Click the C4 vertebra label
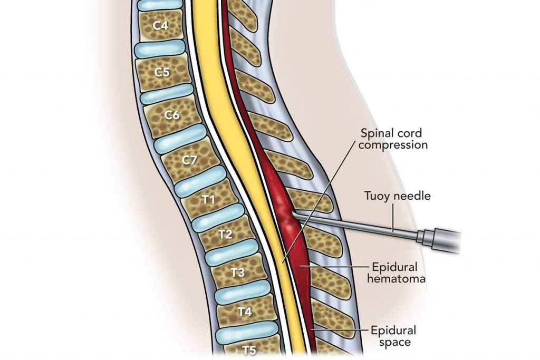tap(160, 25)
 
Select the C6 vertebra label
tap(172, 115)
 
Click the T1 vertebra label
tap(209, 200)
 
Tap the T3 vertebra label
tap(238, 273)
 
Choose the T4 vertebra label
tap(245, 312)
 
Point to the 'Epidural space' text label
tap(393, 336)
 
